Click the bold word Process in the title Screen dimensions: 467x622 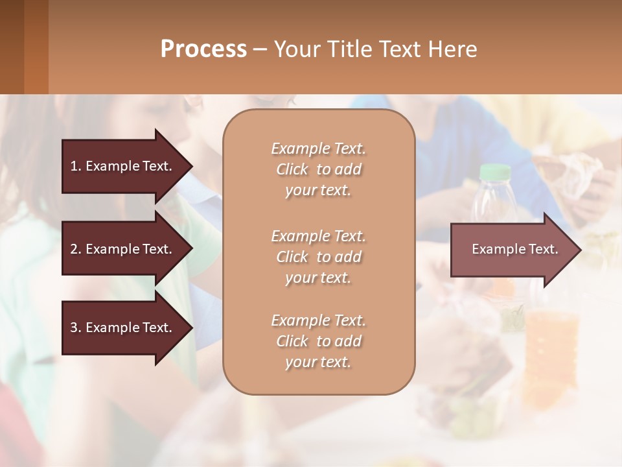click(203, 49)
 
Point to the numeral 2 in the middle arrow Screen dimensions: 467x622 click(74, 249)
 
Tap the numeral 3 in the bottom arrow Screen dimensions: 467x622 click(74, 328)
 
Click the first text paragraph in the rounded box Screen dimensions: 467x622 click(318, 169)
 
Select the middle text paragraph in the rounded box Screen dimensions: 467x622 click(318, 256)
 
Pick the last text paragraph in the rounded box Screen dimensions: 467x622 click(318, 341)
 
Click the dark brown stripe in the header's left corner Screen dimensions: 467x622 click(12, 47)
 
